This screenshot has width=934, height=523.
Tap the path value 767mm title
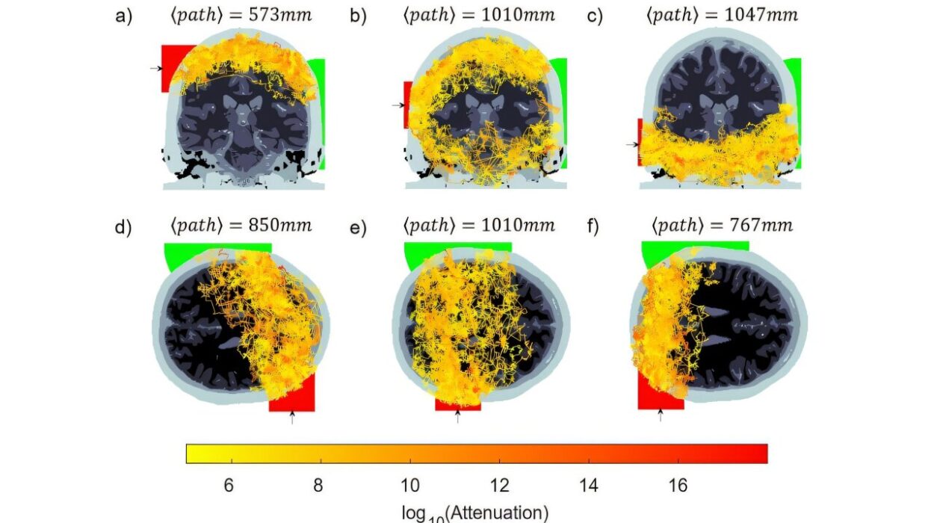pyautogui.click(x=722, y=225)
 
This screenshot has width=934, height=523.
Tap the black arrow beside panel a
pyautogui.click(x=155, y=68)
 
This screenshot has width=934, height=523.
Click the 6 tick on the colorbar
pyautogui.click(x=229, y=486)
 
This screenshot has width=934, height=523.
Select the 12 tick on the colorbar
pyautogui.click(x=499, y=486)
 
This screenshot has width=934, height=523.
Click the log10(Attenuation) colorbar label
pyautogui.click(x=477, y=513)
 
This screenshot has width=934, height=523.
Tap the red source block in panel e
pyautogui.click(x=457, y=404)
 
